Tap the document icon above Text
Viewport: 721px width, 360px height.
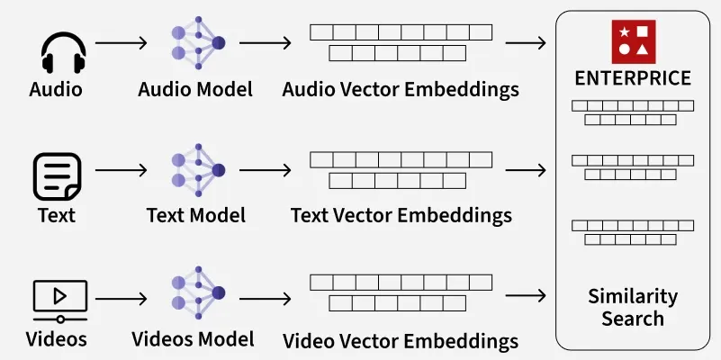coord(57,175)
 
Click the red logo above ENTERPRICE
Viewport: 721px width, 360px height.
coord(634,40)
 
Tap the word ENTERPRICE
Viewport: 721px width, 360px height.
coord(633,78)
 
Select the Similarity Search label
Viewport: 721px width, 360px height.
coord(633,307)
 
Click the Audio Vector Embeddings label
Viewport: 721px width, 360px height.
coord(401,90)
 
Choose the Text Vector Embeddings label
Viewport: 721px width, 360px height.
coord(401,216)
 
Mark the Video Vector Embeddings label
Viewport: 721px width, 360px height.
coord(401,342)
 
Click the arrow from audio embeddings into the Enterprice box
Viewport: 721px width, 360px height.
coord(527,42)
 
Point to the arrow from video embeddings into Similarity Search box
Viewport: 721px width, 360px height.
coord(527,295)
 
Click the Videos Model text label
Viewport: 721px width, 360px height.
coord(193,339)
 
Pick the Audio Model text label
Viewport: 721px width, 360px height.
coord(195,90)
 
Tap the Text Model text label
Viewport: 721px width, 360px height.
coord(196,216)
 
